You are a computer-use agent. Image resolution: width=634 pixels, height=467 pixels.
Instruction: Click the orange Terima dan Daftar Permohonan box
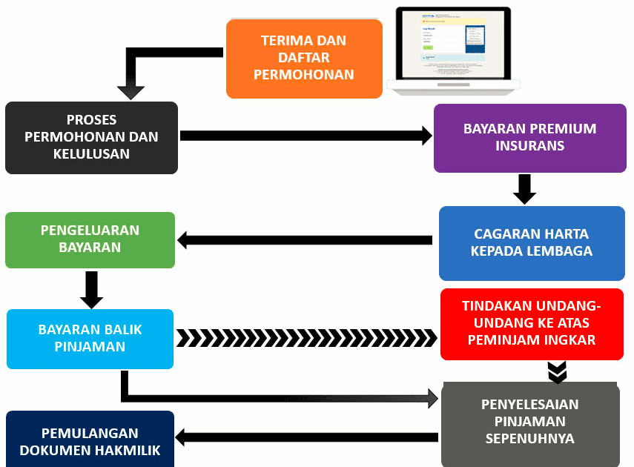(x=304, y=58)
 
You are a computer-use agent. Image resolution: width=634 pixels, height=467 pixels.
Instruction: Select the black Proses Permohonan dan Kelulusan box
(x=91, y=137)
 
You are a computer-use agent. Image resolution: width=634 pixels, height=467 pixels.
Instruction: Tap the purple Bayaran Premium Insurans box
(x=529, y=137)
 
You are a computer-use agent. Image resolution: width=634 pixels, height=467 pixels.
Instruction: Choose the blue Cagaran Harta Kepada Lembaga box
(x=532, y=243)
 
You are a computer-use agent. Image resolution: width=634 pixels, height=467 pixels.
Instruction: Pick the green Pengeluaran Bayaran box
(x=90, y=239)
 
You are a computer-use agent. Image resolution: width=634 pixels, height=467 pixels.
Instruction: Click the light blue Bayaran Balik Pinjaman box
(x=90, y=338)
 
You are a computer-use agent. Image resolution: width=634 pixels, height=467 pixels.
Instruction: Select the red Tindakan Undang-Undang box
(x=531, y=324)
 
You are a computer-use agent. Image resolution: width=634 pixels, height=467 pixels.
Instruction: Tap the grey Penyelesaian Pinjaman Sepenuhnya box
(x=529, y=422)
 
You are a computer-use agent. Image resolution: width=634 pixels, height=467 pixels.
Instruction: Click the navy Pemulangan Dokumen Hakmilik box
(x=90, y=440)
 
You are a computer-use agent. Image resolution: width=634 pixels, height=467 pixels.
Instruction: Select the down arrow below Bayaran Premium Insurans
(x=524, y=189)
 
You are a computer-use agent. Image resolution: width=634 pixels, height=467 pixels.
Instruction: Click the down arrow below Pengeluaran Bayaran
(x=91, y=289)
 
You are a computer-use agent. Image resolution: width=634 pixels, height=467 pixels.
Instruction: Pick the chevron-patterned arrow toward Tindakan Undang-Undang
(x=306, y=338)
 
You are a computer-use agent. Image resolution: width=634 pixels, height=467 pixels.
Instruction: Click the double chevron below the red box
(x=558, y=372)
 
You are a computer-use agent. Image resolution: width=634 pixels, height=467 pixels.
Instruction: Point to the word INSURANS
(x=529, y=146)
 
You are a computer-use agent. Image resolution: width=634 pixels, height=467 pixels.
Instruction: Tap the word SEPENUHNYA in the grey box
(x=529, y=438)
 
